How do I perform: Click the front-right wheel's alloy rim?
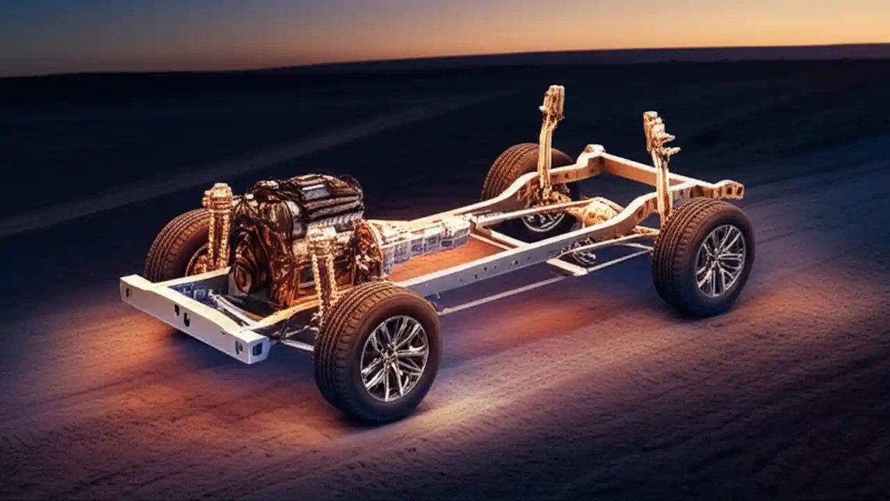(x=394, y=358)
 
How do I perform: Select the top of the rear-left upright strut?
(x=553, y=98)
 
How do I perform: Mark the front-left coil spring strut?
(x=218, y=223)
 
